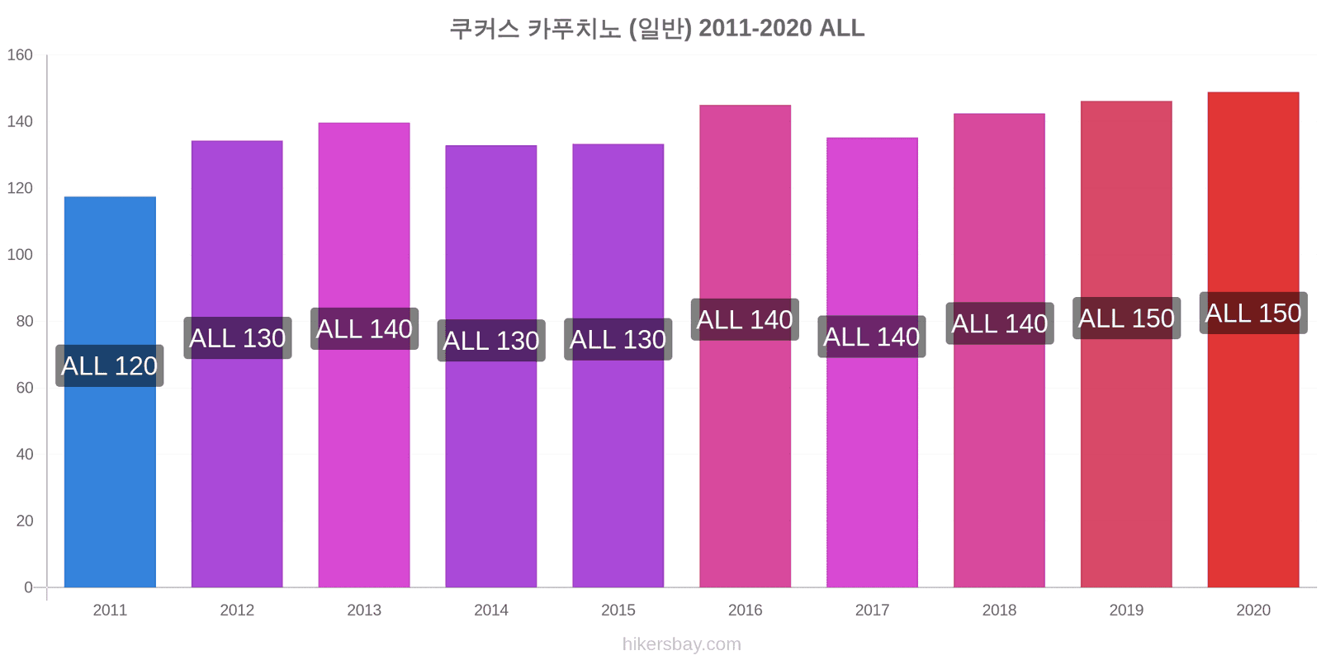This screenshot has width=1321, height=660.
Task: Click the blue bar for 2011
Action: coord(111,392)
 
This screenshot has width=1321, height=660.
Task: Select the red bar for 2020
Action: coord(1253,339)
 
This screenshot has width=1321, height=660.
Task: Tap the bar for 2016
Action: coord(746,346)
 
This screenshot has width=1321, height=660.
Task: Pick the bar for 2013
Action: coord(364,355)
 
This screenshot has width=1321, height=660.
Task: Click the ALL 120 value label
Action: coord(110,366)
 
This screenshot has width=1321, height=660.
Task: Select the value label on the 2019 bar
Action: coord(1126,318)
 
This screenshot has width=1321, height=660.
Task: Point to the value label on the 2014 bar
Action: coord(491,341)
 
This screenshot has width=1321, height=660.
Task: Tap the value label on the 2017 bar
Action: coord(872,337)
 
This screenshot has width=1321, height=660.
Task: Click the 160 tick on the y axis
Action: coord(20,54)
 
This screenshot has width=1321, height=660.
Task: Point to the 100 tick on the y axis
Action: coord(20,255)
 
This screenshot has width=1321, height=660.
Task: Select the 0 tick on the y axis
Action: coord(28,587)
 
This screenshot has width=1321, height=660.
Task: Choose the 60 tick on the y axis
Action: coord(24,388)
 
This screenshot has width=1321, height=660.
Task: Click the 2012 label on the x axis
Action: coord(237,610)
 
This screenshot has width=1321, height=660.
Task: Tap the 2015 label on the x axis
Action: coord(618,610)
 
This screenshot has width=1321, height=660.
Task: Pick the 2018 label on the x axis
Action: coord(999,610)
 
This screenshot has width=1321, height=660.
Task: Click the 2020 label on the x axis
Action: coord(1253,610)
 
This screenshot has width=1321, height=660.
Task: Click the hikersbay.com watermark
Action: coord(682,644)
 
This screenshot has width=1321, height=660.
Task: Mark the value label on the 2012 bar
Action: coord(238,337)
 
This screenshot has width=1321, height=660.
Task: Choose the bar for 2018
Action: coord(999,350)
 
